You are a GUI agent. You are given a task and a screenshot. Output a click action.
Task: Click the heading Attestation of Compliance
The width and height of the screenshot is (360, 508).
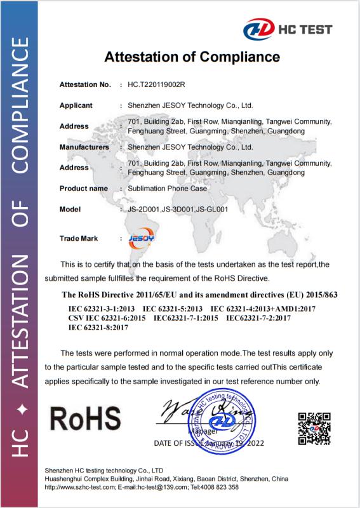tap(192, 57)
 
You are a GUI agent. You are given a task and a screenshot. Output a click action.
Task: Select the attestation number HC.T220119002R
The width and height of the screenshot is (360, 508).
tap(156, 84)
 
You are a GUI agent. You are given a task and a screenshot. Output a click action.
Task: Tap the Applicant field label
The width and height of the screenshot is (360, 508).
tap(76, 105)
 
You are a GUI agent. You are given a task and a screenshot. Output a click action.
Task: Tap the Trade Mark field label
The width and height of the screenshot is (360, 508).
tap(79, 238)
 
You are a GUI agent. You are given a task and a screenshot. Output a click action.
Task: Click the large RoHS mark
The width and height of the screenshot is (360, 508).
tap(84, 418)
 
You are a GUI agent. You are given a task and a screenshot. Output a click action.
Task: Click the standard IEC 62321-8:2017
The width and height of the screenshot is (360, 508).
tap(98, 328)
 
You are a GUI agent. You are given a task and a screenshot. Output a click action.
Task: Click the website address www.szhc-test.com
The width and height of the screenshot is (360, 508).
tap(85, 487)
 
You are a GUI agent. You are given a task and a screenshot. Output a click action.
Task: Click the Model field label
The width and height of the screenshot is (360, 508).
tap(70, 209)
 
